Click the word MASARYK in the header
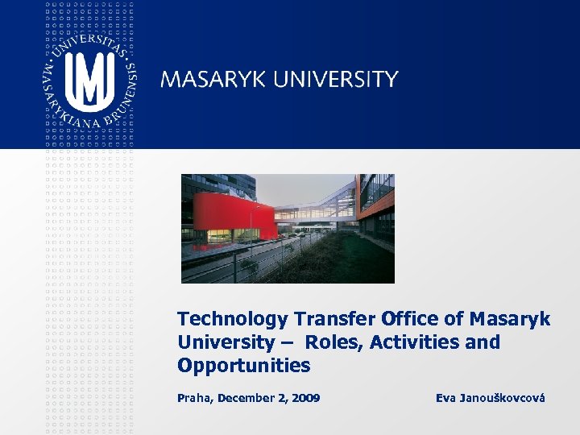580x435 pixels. click(213, 79)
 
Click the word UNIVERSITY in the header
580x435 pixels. click(336, 79)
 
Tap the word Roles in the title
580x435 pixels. click(334, 342)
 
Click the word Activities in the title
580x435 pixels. click(416, 342)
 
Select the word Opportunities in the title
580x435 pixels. click(243, 366)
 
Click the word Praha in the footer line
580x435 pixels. click(196, 398)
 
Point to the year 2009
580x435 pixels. click(304, 398)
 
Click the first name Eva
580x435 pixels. click(446, 398)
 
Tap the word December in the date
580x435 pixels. click(246, 398)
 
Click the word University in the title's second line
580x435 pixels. click(226, 342)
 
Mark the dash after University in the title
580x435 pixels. click(288, 343)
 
